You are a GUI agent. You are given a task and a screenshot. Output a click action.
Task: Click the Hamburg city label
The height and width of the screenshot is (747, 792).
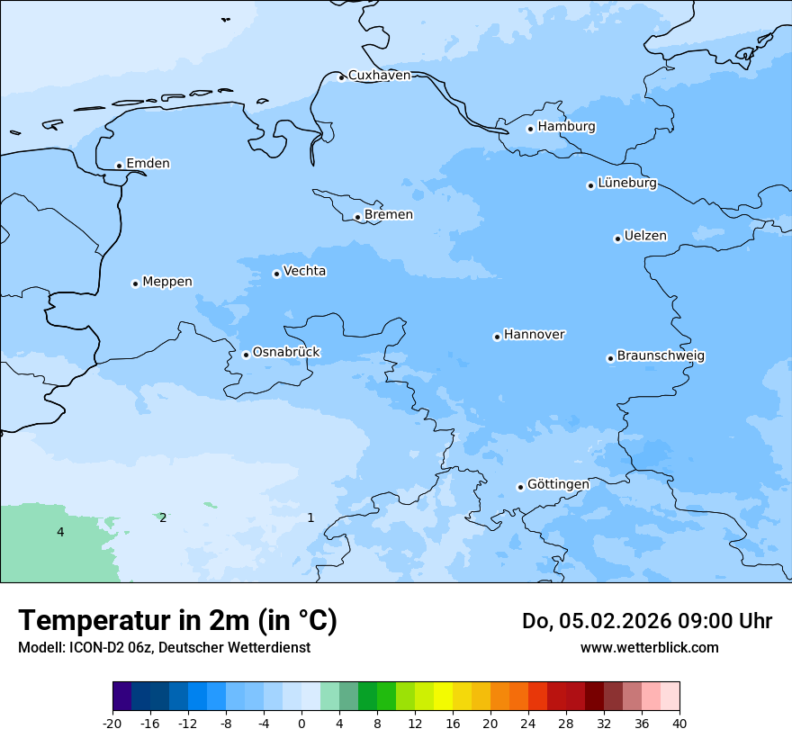tap(566, 127)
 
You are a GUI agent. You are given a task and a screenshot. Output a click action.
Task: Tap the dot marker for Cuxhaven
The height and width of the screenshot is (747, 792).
tap(341, 77)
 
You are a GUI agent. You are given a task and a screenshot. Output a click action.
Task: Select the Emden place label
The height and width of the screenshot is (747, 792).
tap(148, 164)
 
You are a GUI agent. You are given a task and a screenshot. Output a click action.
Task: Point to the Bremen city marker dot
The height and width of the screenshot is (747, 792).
tap(357, 217)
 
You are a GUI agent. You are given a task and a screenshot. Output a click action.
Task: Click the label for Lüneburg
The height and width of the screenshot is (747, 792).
tap(626, 184)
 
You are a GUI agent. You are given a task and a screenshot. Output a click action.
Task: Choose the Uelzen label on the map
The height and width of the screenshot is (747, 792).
tap(645, 237)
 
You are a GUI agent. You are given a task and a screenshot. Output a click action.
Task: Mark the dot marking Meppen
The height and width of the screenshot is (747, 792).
tap(135, 283)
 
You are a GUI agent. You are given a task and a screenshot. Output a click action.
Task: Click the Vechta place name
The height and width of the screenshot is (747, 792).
tap(304, 271)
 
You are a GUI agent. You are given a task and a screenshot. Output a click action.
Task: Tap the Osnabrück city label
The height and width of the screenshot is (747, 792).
tap(286, 353)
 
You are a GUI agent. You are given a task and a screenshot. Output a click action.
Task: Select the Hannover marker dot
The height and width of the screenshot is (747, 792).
tap(497, 337)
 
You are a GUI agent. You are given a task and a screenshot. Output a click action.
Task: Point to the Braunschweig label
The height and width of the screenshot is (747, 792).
tap(661, 356)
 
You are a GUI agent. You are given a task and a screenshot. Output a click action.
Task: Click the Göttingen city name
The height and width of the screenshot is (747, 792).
tap(558, 484)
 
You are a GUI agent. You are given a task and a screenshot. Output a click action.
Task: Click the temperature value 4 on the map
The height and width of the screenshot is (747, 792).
tap(60, 533)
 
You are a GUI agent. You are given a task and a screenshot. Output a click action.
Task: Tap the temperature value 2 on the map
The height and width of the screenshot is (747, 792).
tap(163, 518)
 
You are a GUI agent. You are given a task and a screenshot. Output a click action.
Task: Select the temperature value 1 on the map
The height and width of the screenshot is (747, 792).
tap(310, 517)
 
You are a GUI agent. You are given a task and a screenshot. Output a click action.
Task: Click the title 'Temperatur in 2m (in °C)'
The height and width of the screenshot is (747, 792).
tap(177, 621)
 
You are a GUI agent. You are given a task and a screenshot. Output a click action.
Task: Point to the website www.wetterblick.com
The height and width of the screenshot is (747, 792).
tap(649, 648)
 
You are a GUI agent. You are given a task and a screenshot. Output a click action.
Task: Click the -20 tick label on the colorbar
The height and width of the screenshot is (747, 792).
tap(112, 724)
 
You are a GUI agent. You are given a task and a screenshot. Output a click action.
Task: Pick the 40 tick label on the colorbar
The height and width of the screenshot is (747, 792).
tap(679, 724)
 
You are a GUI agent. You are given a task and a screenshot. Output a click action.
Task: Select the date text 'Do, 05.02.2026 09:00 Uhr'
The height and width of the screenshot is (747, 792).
tap(646, 621)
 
